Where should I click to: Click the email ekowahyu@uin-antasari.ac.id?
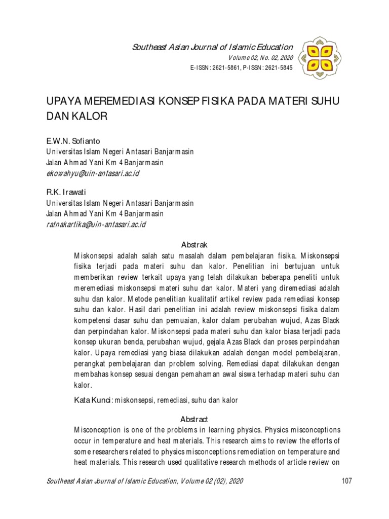coord(93,173)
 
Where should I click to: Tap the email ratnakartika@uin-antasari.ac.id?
coord(96,224)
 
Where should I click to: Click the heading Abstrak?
coord(194,244)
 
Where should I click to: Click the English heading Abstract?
coord(194,419)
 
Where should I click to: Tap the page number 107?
coord(346,481)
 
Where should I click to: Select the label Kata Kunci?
coord(93,400)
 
